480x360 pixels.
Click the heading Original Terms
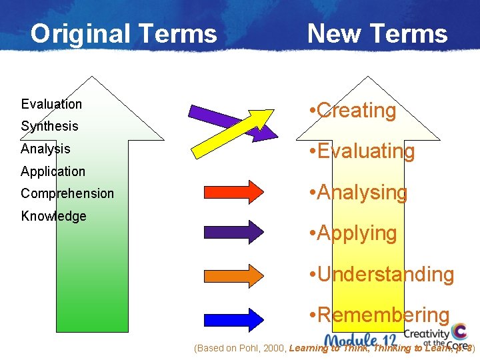click(x=123, y=33)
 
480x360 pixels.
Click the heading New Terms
click(x=377, y=33)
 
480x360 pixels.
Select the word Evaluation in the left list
click(x=51, y=104)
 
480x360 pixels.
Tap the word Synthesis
click(x=49, y=126)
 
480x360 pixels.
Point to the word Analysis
click(x=45, y=149)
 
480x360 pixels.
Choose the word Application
click(x=53, y=171)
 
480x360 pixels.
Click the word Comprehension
click(x=67, y=193)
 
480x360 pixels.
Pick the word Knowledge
click(x=53, y=216)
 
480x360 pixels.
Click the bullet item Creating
click(x=353, y=111)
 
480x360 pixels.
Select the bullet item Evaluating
click(x=362, y=151)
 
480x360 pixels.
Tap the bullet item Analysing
click(x=359, y=193)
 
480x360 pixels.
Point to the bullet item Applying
click(x=353, y=233)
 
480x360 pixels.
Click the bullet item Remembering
click(x=379, y=315)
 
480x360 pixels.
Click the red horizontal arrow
click(x=233, y=191)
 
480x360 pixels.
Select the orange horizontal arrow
click(x=233, y=275)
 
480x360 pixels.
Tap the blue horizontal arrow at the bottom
click(x=233, y=318)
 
